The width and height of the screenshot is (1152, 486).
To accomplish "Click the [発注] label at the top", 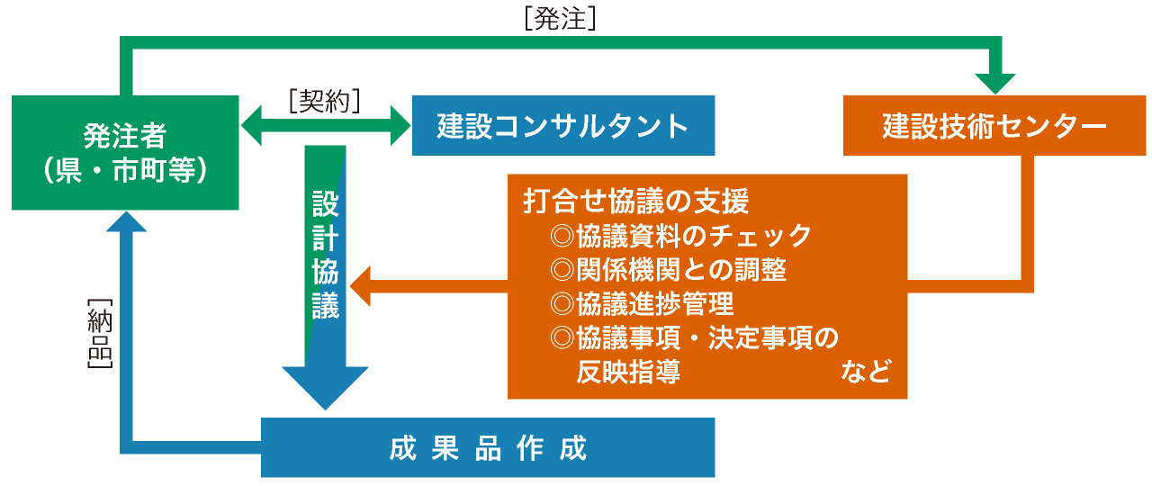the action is [x=560, y=19].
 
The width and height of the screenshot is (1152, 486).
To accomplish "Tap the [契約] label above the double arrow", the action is [x=325, y=100].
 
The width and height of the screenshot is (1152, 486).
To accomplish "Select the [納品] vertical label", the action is [x=100, y=333].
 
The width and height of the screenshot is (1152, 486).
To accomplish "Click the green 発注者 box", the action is [x=125, y=153].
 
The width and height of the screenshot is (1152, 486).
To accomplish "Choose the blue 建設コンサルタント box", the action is [x=563, y=125].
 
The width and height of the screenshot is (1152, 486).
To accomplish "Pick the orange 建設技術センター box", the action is [x=994, y=125].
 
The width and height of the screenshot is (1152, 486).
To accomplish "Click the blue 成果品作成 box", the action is [x=488, y=447].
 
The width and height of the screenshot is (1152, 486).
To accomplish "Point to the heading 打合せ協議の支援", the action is [x=635, y=201].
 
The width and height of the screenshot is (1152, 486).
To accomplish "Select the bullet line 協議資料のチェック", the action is [x=679, y=236].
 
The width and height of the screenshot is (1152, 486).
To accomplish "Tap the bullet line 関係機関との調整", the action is [x=668, y=269].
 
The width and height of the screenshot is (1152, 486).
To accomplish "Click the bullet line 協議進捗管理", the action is [x=642, y=303].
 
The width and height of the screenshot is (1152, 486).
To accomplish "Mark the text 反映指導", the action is [x=628, y=372].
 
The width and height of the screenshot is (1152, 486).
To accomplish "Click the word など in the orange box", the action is [x=866, y=371].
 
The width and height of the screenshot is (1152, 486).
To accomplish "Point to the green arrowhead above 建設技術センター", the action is [x=995, y=84].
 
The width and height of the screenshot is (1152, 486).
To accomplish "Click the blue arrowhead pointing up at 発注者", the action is [x=126, y=221].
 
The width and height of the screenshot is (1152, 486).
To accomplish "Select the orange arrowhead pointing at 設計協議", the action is [x=360, y=286].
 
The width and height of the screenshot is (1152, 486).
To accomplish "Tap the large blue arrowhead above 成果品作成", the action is [x=325, y=388].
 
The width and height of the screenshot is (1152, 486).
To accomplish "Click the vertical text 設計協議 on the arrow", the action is [x=325, y=255].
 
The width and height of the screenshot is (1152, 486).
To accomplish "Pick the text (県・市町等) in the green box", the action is [x=125, y=170].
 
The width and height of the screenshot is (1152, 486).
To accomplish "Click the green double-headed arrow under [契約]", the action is [x=326, y=125].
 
